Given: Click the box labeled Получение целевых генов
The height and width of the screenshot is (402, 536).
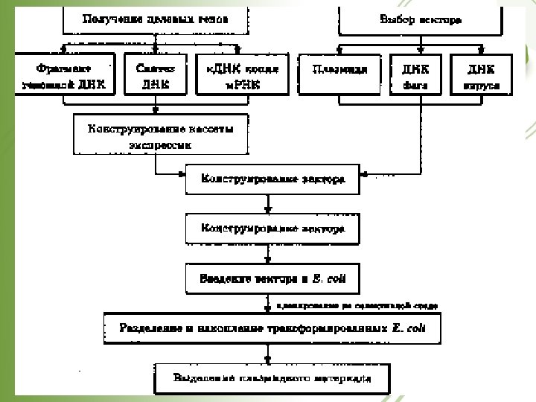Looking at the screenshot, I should (153, 19).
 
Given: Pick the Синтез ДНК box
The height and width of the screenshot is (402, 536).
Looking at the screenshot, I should (155, 74).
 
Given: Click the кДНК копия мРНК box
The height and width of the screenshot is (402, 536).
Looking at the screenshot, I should (237, 74).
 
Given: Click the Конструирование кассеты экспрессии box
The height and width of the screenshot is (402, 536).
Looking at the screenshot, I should (160, 135).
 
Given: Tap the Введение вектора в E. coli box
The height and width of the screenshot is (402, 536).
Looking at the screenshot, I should (272, 279).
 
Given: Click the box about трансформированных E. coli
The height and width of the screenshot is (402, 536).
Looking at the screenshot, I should (272, 327).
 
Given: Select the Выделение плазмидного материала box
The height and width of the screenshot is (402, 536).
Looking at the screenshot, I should (272, 377).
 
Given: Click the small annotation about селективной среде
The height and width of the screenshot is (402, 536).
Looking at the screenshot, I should (357, 305).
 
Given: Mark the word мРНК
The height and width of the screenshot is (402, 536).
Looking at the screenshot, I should (238, 85).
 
